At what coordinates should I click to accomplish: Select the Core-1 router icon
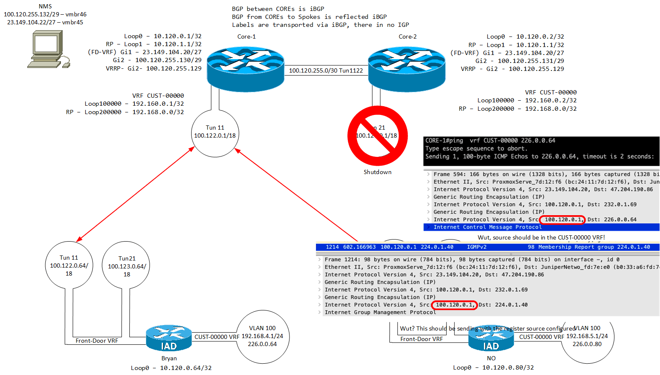[x=246, y=69]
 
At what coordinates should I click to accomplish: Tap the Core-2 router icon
[x=407, y=69]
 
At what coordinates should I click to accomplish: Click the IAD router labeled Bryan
[x=169, y=338]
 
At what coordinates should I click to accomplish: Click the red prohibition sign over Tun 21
[x=377, y=135]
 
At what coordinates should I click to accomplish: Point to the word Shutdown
[x=377, y=172]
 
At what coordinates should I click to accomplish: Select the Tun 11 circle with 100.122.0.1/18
[x=215, y=133]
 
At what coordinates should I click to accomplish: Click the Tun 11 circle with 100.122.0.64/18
[x=69, y=265]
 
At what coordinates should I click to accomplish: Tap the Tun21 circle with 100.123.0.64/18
[x=126, y=266]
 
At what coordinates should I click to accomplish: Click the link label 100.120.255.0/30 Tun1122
[x=326, y=70]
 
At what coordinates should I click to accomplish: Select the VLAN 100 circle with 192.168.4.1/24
[x=263, y=336]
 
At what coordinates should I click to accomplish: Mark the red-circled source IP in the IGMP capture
[x=454, y=305]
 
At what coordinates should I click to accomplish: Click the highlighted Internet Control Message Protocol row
[x=487, y=227]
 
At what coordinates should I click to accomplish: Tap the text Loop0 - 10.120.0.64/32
[x=171, y=368]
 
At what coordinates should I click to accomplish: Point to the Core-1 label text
[x=246, y=36]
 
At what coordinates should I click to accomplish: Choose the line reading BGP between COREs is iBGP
[x=278, y=9]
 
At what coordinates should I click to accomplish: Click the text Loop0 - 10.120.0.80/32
[x=493, y=367]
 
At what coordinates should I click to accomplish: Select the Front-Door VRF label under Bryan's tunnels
[x=97, y=341]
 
